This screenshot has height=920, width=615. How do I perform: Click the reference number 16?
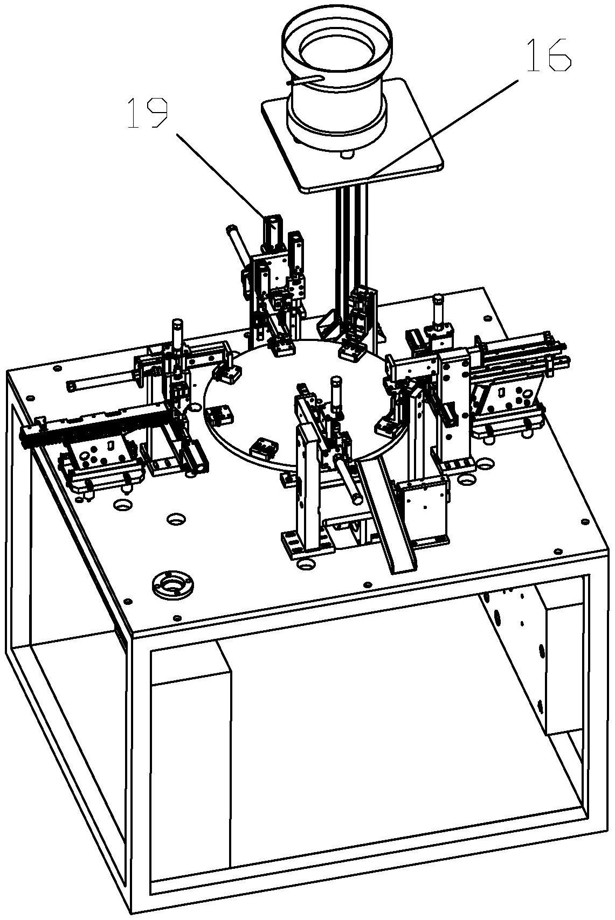click(549, 56)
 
